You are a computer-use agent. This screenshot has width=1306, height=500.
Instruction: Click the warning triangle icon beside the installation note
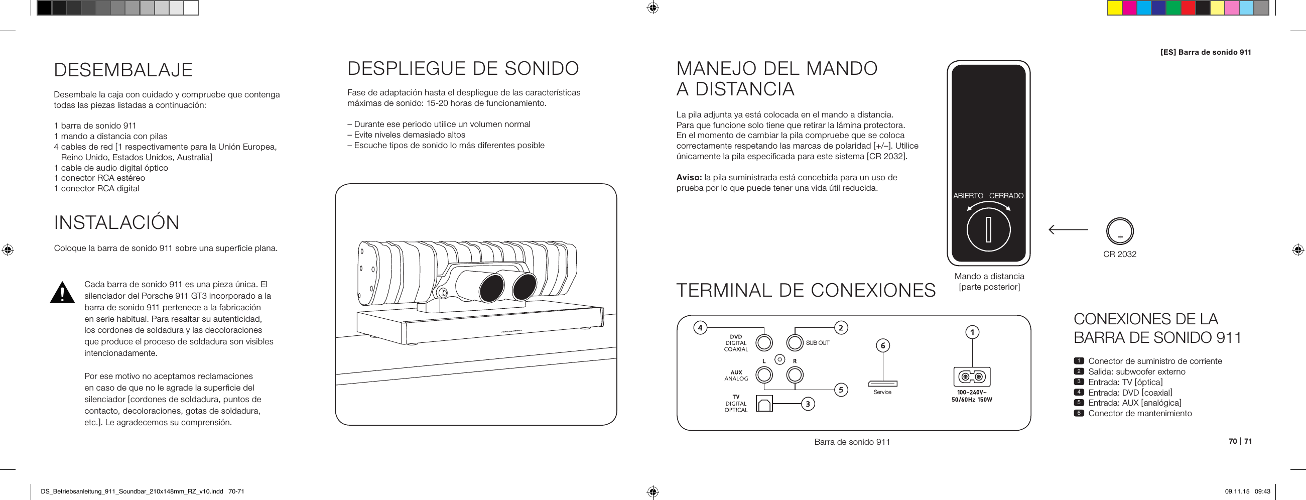pos(62,293)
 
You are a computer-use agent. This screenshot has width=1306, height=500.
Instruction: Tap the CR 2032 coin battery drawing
pos(1119,231)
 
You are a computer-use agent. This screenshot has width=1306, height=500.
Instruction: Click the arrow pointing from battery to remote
pos(1068,230)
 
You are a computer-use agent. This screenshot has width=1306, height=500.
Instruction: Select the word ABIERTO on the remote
pos(968,196)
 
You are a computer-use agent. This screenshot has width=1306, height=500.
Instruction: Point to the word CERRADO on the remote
pos(1006,196)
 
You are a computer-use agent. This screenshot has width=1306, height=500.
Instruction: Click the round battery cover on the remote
pos(988,230)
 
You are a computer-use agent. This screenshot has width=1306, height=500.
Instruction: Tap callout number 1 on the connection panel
pos(972,332)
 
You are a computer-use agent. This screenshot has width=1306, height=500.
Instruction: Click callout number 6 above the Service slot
pos(883,346)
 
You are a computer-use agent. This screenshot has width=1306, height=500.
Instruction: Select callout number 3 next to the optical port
pos(808,404)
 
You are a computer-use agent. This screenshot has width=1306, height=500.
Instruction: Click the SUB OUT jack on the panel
pos(795,343)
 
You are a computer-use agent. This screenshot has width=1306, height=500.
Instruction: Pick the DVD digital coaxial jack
pos(764,343)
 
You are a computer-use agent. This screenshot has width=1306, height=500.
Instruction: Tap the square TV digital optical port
pos(764,404)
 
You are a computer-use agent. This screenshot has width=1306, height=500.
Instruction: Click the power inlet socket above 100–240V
pos(972,377)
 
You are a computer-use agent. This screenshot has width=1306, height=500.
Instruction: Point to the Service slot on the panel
pos(882,384)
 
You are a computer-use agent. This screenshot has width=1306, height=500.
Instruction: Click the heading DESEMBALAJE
pos(123,70)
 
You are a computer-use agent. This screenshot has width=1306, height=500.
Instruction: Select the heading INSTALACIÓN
pos(116,222)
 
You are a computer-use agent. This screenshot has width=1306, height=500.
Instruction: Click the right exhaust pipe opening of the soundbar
pos(524,287)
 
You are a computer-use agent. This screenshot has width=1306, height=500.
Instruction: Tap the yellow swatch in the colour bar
pos(1114,8)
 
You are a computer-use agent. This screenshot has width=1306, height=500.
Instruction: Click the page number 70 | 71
pos(1240,441)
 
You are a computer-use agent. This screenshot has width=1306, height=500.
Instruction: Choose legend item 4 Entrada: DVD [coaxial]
pos(1129,393)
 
